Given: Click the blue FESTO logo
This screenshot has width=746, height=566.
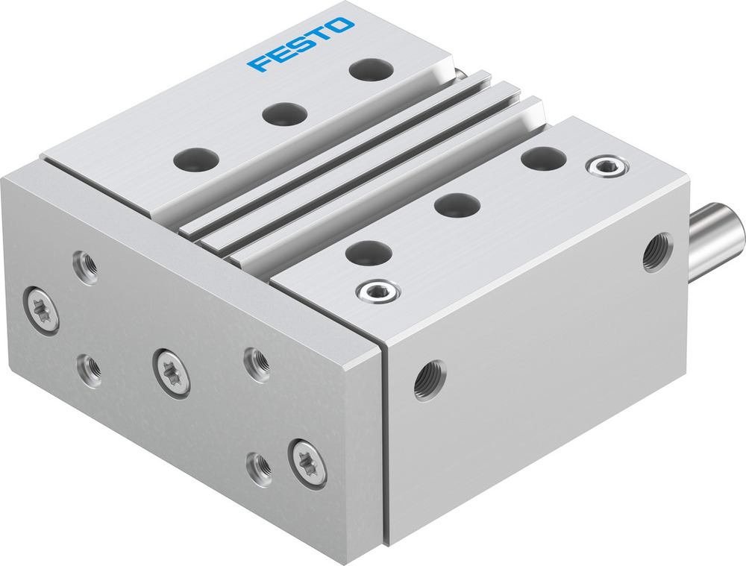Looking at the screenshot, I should [x=301, y=45].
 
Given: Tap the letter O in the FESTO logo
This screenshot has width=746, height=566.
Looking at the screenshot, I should [x=341, y=27].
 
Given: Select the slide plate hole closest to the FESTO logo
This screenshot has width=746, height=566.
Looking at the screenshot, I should [x=370, y=70].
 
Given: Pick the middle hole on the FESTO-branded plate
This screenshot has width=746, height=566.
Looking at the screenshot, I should [x=284, y=114].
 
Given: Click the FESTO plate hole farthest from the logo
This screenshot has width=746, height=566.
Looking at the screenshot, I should [x=196, y=159].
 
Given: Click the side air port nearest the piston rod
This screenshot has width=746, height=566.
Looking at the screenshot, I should [x=656, y=252].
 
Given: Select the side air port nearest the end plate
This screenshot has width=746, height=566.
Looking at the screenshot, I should [x=430, y=380].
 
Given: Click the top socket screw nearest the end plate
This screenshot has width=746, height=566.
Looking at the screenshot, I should [x=377, y=292].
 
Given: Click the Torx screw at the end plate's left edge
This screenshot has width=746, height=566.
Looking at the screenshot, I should [x=41, y=309].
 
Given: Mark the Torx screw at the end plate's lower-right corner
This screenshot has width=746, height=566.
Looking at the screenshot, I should [x=308, y=462].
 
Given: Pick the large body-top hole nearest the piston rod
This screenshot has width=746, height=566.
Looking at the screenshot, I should [x=542, y=158].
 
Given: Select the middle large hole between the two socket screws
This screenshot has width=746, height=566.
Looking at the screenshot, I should [x=457, y=205].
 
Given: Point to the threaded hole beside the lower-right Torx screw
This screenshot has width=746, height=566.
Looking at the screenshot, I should [x=260, y=468].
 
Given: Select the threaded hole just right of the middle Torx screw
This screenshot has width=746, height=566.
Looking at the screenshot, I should [x=257, y=365].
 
